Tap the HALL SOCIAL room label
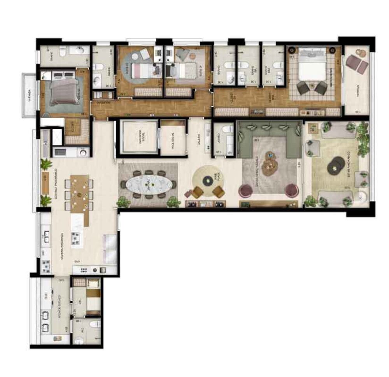pyautogui.click(x=173, y=139)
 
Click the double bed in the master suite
pyautogui.click(x=312, y=66)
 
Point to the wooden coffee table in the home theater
pyautogui.click(x=268, y=165)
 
